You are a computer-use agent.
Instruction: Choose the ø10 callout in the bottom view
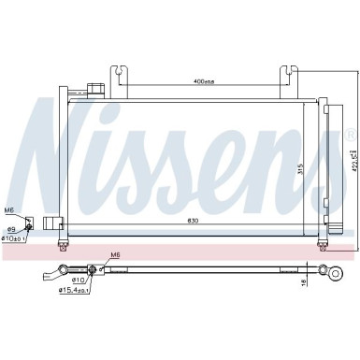pos(79,253)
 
